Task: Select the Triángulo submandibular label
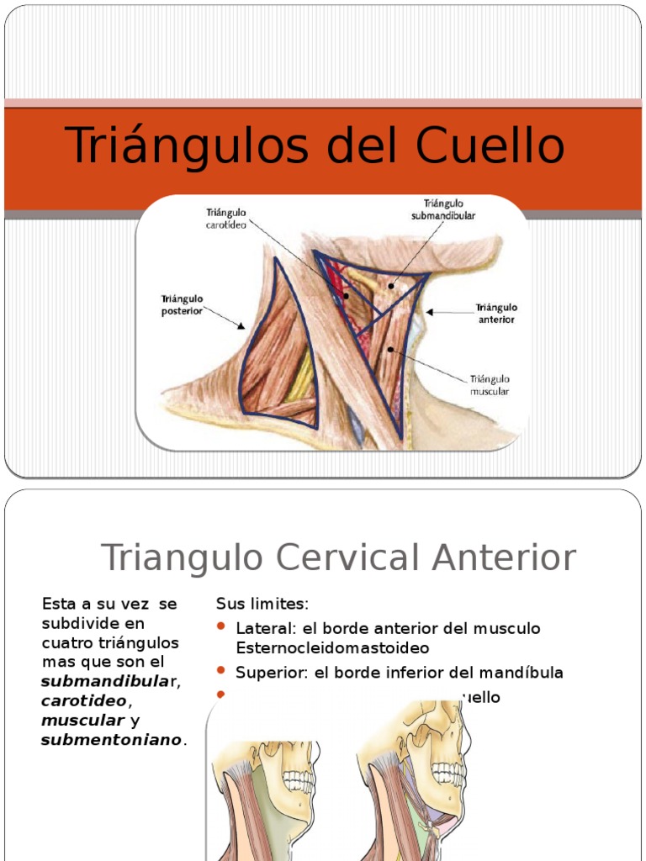coord(443,209)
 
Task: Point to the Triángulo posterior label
coord(182,304)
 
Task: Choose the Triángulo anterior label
coord(496,314)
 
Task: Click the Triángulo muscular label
coord(490,384)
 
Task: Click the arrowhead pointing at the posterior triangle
coord(241,326)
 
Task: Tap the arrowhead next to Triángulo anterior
coord(429,312)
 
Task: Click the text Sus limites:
coord(262,604)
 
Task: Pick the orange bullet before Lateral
coord(221,627)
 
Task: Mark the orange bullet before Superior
coord(221,670)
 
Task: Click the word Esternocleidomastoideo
coord(332,648)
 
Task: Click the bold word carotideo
coord(84,700)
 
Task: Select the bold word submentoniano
coord(111,740)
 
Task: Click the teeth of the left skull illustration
coord(298,780)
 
